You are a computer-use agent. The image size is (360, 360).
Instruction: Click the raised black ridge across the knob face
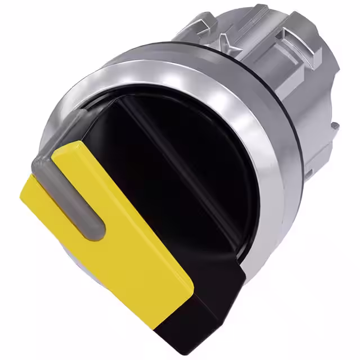191,169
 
